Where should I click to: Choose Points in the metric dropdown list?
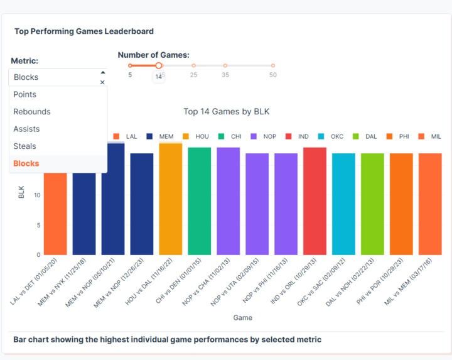coord(25,94)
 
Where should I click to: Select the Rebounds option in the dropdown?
coord(32,112)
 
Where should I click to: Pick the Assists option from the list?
coord(26,129)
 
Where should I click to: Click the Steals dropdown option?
coord(25,146)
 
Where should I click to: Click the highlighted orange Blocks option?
coord(26,163)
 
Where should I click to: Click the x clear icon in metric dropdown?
coord(102,82)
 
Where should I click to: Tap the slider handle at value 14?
coord(159,65)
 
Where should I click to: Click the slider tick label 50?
coord(273,75)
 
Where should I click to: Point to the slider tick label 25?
coord(193,75)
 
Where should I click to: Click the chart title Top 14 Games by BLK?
coord(226,112)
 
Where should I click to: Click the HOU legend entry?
coord(197,136)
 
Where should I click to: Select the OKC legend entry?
coord(332,136)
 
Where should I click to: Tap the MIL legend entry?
coord(431,136)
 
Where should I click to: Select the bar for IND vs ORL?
coord(315,201)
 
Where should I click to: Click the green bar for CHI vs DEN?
coord(199,201)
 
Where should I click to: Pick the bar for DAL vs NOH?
coord(372,204)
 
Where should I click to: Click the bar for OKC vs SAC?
coord(343,204)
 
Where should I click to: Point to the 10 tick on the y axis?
coord(37,195)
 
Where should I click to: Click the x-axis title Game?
coord(242,318)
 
